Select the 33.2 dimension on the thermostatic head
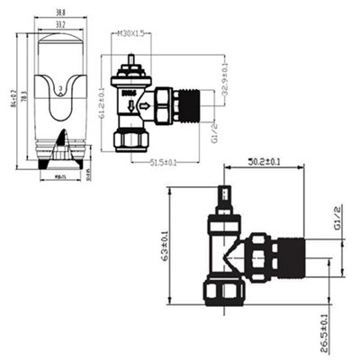coord(57,25)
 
